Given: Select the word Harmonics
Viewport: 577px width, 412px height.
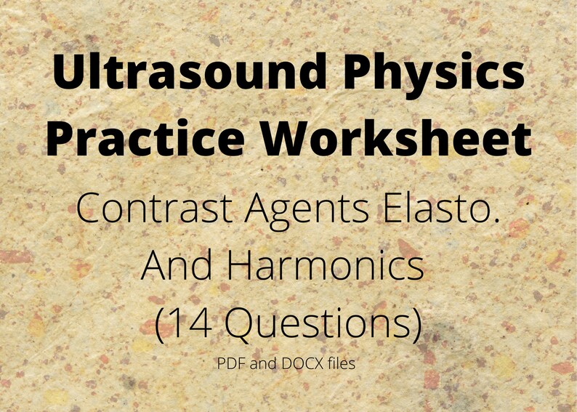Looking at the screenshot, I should tap(325, 266).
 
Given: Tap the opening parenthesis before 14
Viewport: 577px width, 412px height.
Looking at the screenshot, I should tap(161, 324).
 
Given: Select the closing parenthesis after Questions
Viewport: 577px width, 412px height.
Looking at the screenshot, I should tap(415, 324).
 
